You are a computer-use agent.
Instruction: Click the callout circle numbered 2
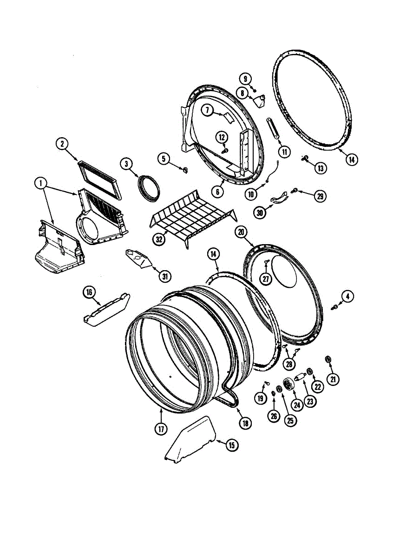[61, 144]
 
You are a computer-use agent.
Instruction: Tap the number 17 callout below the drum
[161, 429]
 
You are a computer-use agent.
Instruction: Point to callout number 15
[231, 445]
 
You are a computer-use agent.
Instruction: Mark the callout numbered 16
[89, 292]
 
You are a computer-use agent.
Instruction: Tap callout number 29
[320, 196]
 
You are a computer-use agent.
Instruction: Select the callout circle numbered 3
[126, 163]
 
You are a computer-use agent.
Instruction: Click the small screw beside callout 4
[334, 307]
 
